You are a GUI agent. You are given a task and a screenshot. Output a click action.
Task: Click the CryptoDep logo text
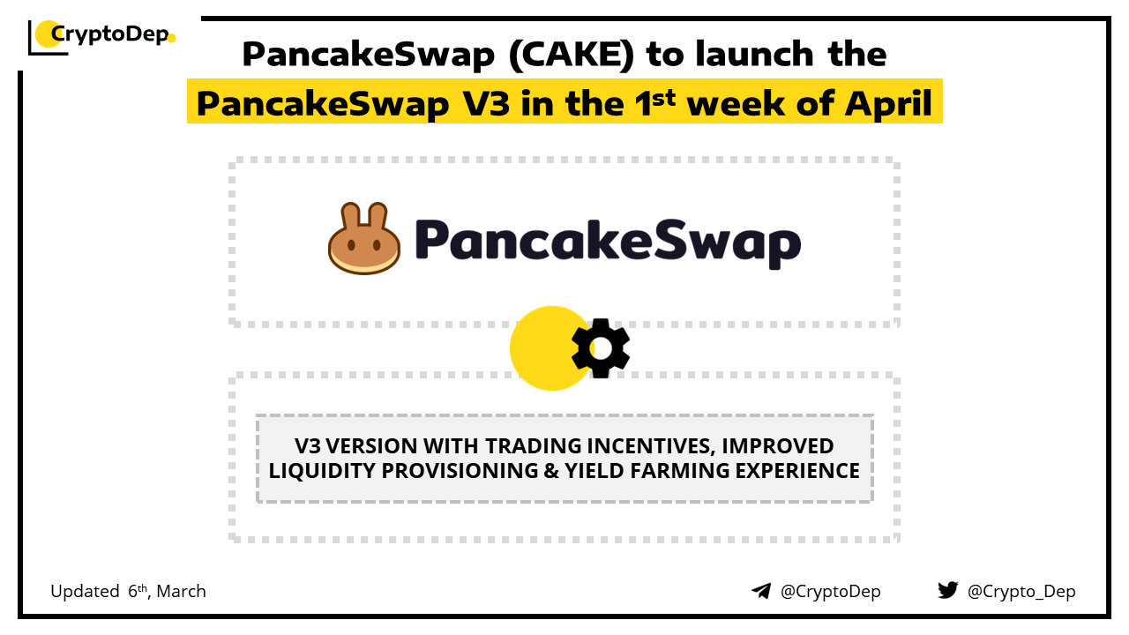point(110,34)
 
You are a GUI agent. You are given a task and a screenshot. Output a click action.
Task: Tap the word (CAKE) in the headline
point(572,55)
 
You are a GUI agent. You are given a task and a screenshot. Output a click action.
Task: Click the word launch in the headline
point(754,54)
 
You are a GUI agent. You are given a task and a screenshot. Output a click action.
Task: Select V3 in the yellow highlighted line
point(486,103)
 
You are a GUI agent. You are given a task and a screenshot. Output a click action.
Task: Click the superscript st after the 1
point(663,98)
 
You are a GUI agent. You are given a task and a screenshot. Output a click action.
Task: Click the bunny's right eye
point(377,245)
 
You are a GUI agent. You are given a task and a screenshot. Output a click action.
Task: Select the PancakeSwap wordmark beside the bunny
point(608,243)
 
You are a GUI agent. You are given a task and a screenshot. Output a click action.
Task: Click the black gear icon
point(601,348)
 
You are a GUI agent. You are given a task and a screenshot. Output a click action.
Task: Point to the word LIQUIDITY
point(322,471)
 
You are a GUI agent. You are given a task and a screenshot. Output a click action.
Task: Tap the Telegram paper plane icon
point(761,591)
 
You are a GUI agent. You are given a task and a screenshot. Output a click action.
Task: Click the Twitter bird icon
point(947,590)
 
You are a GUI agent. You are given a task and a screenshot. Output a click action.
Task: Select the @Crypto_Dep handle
point(1021,592)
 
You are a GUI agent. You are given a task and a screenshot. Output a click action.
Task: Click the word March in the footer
point(181,591)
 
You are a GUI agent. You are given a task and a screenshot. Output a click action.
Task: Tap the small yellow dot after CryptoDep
point(171,38)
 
